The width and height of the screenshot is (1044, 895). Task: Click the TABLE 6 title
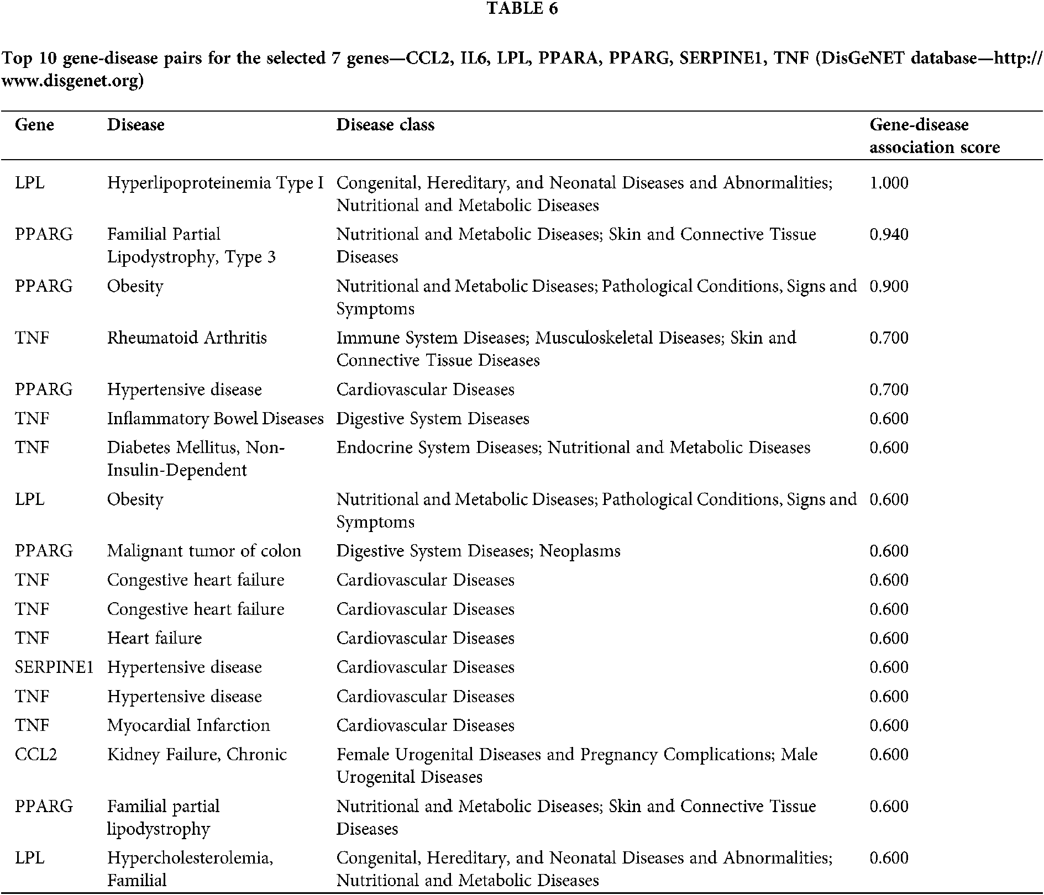[522, 9]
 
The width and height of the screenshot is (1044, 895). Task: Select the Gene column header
[34, 125]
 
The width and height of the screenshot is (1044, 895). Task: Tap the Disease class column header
[385, 125]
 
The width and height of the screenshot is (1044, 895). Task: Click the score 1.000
[889, 183]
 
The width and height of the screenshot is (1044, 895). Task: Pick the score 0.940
[889, 234]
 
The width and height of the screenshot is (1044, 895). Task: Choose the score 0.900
[889, 286]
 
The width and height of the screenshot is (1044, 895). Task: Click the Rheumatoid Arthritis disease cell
[187, 338]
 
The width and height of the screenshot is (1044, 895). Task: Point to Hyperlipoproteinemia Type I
[215, 183]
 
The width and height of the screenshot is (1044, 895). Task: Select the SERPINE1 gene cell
[54, 667]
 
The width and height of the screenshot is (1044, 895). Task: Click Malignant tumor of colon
[204, 551]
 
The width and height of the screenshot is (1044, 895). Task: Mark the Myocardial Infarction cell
[188, 725]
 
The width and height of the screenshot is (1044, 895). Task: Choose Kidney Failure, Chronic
[197, 755]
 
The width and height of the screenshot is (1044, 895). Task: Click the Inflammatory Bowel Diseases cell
[215, 419]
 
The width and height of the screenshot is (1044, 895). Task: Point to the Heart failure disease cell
[154, 638]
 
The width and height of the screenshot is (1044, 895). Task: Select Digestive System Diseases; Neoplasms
[478, 551]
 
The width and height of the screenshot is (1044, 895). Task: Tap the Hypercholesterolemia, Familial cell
[190, 868]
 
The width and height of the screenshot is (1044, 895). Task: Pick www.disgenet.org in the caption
[72, 81]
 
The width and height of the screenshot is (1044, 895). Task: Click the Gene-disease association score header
[934, 136]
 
